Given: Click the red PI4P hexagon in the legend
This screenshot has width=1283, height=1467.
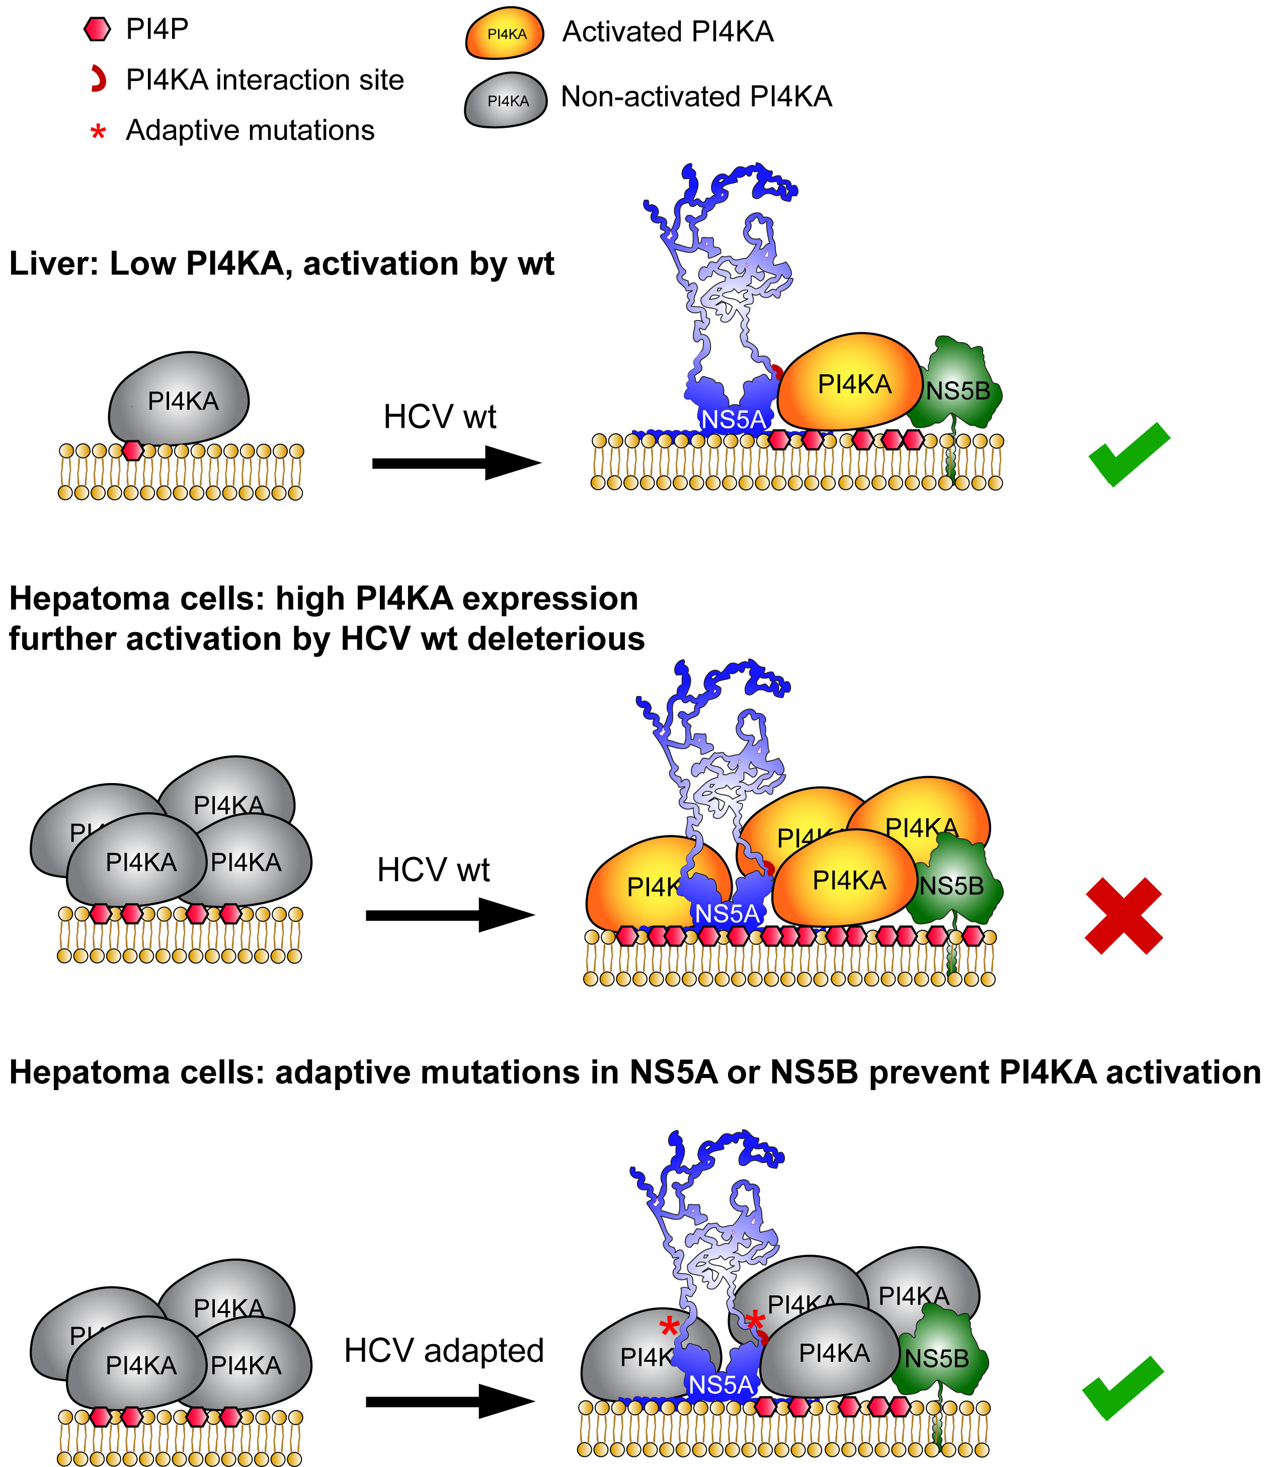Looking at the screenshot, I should pos(98,29).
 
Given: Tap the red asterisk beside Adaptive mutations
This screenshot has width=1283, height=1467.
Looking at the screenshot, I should pos(98,132).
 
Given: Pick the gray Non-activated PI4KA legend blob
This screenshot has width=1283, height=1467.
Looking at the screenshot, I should pos(506,100).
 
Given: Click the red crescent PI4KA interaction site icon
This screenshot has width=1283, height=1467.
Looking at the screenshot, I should pos(99,80).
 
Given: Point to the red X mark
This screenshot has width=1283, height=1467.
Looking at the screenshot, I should pos(1124,916).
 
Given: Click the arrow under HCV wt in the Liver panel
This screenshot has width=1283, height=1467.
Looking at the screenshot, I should pos(457,462).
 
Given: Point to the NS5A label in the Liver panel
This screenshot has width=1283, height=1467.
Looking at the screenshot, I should pos(733,419).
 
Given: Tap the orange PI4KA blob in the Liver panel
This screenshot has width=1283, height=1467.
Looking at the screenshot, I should pos(852,383).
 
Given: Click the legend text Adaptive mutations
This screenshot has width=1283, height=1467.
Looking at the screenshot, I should pos(250,130).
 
